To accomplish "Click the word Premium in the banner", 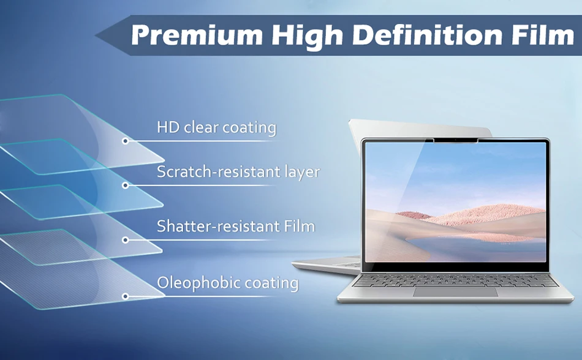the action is (197, 35).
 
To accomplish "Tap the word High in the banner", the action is (308, 36).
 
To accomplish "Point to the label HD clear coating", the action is (216, 127).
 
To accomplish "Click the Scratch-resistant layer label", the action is (238, 172).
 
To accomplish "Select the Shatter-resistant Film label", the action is (236, 226).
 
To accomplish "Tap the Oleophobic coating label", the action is (227, 283).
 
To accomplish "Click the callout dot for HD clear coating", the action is (126, 141).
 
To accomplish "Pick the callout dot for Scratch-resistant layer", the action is (126, 186).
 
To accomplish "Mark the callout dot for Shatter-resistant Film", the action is (126, 240).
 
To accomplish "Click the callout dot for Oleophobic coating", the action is (126, 296).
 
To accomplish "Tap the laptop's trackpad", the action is (455, 292).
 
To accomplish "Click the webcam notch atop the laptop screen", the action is (456, 141).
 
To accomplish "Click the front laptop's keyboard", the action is (455, 280).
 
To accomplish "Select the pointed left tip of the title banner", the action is (96, 36).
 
